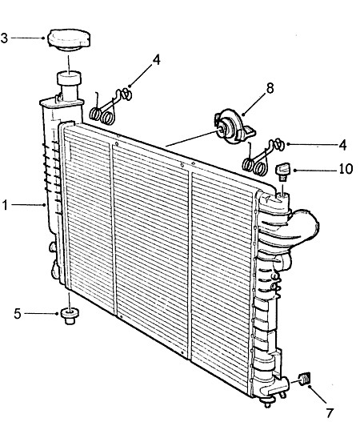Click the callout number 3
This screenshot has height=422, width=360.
tap(4, 38)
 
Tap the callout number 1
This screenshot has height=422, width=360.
tap(5, 205)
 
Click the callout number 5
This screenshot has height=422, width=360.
tap(18, 314)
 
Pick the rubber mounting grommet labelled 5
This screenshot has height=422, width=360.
tap(70, 316)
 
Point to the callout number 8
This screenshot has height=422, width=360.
tap(270, 88)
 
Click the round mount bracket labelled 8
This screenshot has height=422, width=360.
tap(234, 127)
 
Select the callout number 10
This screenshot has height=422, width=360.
tap(346, 169)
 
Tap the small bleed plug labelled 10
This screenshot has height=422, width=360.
tap(282, 171)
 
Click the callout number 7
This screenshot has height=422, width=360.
tap(330, 413)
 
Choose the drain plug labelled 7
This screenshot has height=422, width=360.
tap(305, 379)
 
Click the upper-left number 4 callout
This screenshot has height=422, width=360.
tap(156, 60)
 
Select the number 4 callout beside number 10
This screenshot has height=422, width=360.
tap(342, 145)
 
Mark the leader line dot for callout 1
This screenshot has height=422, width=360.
tap(45, 205)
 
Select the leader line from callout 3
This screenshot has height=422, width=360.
tap(27, 38)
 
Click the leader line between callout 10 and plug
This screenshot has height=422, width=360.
tap(317, 170)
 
